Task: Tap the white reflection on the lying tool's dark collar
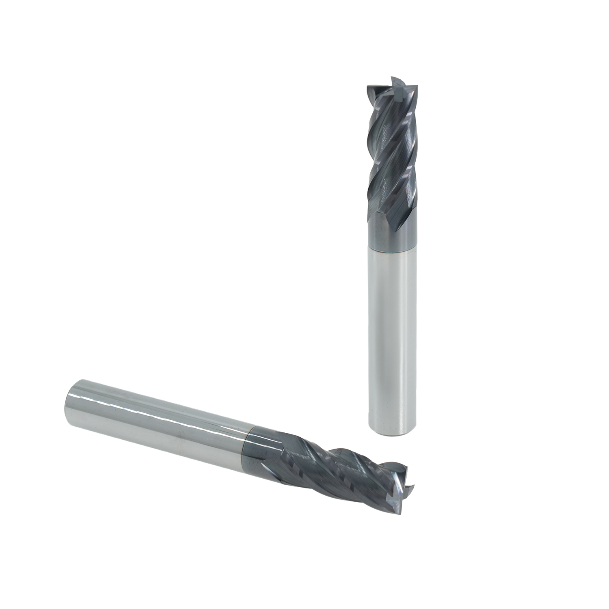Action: click(264, 438)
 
